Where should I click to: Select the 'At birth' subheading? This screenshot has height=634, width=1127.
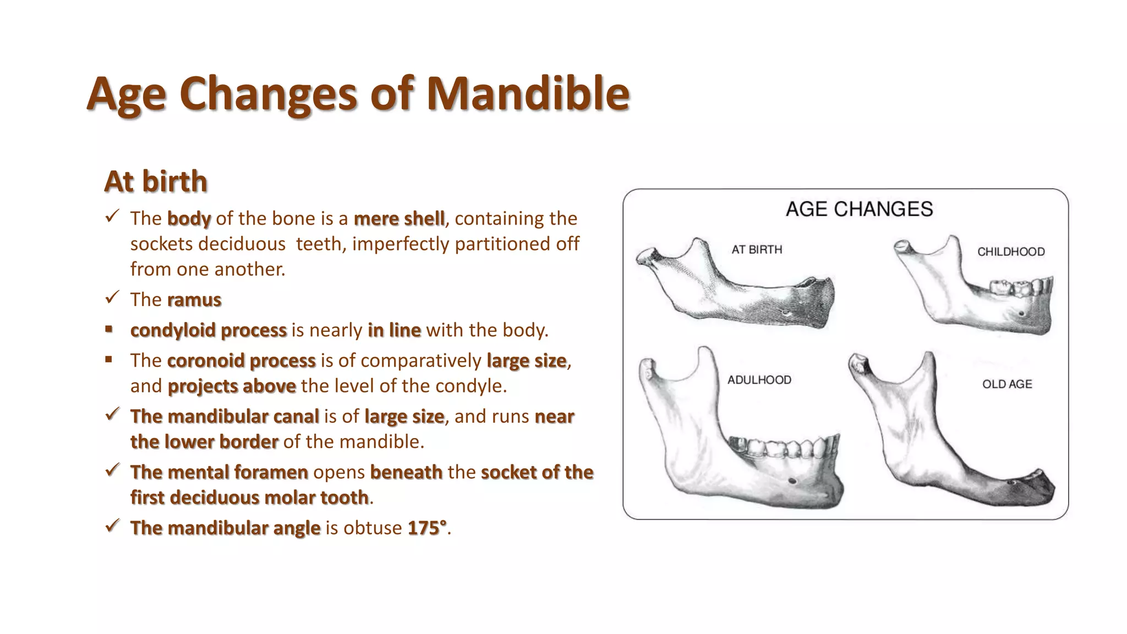point(156,182)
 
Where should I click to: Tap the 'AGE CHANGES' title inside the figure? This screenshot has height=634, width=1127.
point(859,209)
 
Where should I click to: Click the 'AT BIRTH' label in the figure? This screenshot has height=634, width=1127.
point(757,250)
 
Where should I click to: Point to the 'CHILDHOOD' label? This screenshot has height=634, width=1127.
point(1011,252)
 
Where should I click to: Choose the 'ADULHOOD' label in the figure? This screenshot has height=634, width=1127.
point(759,380)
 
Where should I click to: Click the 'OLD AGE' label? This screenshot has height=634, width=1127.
point(1007,385)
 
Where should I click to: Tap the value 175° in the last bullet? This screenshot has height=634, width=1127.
point(427,528)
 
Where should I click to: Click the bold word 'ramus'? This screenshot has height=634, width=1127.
point(194,300)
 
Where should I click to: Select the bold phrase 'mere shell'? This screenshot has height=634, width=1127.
point(399,219)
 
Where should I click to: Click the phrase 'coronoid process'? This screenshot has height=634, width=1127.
point(241,361)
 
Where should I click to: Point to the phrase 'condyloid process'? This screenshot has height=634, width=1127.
point(209,330)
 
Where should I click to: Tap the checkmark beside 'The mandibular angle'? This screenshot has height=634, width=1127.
point(112,526)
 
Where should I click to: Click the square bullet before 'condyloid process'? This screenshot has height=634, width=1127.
point(109,329)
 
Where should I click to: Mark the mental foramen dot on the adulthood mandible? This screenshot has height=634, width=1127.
point(792,481)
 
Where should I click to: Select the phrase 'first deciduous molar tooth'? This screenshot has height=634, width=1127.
point(249,498)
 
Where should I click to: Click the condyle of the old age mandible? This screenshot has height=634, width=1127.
point(858,363)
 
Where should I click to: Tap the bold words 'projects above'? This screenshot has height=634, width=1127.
point(232,386)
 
